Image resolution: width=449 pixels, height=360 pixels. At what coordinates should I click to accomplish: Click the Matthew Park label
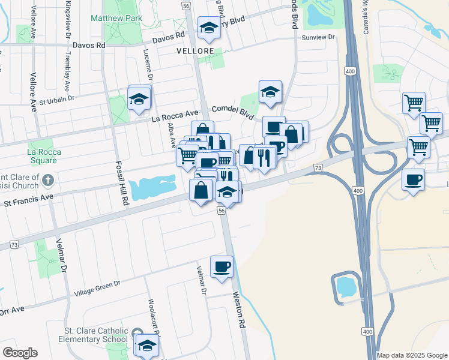[x=116, y=19]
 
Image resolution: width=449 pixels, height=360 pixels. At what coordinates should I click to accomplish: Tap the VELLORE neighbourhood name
[x=195, y=52]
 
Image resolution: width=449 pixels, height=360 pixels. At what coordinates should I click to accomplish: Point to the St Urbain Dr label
[x=56, y=98]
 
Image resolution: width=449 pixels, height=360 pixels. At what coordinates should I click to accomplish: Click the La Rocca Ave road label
[x=175, y=113]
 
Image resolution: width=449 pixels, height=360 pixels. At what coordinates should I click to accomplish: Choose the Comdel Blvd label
[x=233, y=110]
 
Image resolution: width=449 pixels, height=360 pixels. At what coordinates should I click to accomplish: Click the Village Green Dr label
[x=97, y=288]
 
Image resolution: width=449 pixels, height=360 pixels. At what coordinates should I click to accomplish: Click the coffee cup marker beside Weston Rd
[x=221, y=266]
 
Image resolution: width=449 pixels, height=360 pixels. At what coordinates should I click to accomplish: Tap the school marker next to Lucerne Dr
[x=139, y=99]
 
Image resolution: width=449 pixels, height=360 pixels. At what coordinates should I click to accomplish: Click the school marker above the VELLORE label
[x=209, y=28]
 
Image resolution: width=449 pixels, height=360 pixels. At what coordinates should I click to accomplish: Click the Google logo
[x=20, y=353]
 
